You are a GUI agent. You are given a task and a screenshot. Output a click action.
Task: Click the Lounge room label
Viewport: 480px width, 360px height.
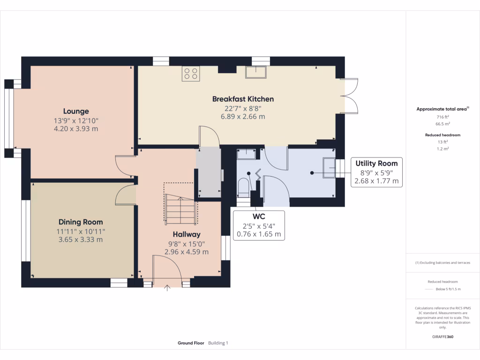point(76,112)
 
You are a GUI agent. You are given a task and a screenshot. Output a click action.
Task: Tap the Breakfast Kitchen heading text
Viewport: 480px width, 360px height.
point(243,99)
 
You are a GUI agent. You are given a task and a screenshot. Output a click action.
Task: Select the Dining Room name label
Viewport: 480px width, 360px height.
point(81,222)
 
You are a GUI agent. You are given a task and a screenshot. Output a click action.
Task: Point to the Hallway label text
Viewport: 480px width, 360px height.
point(187,234)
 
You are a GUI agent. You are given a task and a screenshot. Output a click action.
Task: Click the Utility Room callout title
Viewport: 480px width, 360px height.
point(376,164)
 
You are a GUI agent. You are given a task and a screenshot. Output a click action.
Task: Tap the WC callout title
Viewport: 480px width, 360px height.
point(259,217)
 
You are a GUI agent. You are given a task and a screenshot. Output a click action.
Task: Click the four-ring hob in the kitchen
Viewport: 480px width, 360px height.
point(191,74)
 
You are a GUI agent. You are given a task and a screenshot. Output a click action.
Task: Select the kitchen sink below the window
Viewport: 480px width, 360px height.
point(256,72)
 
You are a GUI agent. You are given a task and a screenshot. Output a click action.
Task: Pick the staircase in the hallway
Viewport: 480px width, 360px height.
point(180,209)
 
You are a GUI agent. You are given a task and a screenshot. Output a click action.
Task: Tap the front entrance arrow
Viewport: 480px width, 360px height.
point(167,288)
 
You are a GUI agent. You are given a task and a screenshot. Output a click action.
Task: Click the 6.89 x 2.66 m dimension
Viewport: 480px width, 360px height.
point(243,117)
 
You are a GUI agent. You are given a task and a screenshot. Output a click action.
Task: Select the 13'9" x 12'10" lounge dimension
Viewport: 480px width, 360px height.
point(76,121)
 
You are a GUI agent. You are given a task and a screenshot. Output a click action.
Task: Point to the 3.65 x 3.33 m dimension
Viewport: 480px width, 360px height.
point(81,240)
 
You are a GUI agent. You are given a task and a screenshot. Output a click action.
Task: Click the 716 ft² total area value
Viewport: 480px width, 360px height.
point(442,117)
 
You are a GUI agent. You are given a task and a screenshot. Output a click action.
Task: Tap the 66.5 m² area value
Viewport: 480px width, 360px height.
point(442,124)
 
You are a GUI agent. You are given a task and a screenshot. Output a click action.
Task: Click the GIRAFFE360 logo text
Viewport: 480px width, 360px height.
point(442,337)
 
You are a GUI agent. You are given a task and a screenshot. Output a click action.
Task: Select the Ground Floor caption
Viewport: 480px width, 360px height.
point(191,343)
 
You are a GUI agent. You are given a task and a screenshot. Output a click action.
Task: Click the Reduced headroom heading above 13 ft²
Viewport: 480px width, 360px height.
point(442,135)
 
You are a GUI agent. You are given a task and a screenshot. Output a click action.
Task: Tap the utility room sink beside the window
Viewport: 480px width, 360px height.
point(330,168)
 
